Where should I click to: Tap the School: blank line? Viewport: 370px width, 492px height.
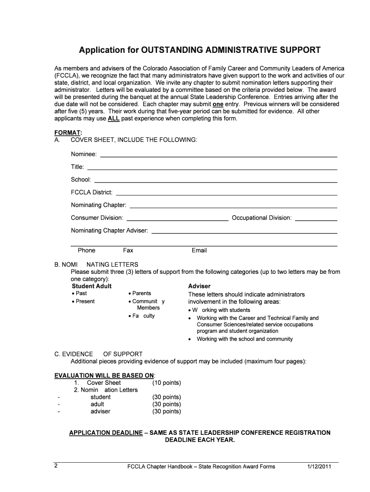(x=215, y=182)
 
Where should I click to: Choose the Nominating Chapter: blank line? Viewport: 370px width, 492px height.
(x=234, y=207)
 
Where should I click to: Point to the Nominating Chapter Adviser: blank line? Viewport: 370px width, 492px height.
(x=244, y=233)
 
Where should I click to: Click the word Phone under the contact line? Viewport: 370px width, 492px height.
(x=86, y=250)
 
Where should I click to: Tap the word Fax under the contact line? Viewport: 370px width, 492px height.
(x=128, y=250)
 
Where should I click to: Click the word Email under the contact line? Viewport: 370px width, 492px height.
(x=199, y=250)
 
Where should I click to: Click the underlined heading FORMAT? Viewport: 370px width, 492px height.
(x=68, y=132)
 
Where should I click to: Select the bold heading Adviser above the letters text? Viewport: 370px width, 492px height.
(x=199, y=286)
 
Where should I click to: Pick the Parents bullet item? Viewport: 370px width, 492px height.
(x=141, y=293)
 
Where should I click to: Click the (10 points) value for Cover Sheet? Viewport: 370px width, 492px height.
(x=166, y=382)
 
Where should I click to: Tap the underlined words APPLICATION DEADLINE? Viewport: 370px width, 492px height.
(x=106, y=432)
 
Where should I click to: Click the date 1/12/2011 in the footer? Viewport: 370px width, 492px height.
(x=319, y=467)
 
